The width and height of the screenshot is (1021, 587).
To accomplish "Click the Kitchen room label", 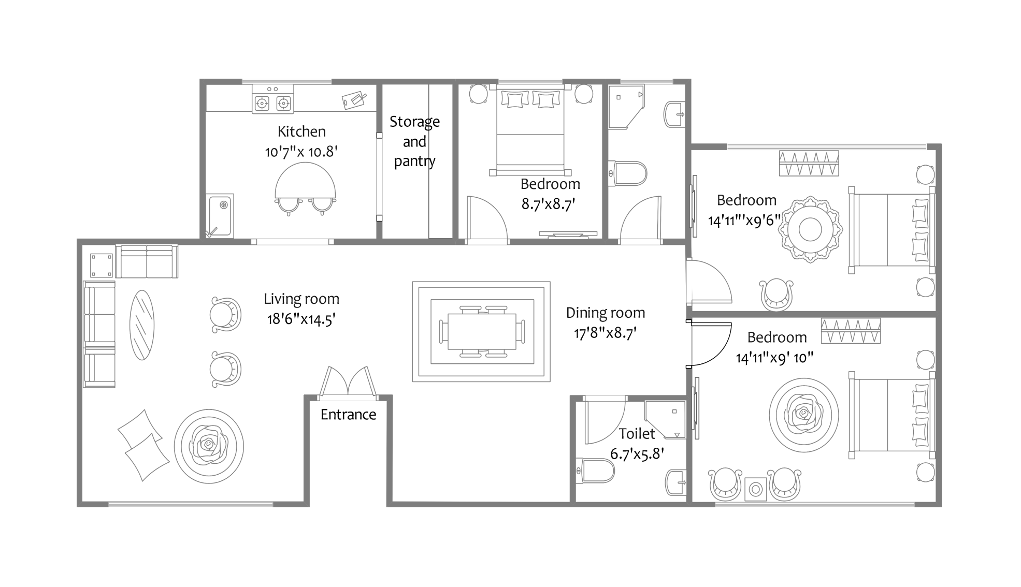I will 301,131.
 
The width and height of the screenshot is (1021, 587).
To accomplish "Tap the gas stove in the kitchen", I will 272,103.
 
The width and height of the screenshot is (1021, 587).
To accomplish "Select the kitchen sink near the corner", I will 220,215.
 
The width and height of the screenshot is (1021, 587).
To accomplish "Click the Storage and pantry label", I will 414,141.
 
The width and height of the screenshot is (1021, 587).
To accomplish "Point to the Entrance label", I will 348,415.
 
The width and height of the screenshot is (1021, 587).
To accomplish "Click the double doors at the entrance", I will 348,383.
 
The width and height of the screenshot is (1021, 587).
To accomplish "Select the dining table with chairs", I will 482,331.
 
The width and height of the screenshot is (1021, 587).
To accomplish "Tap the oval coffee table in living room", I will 141,325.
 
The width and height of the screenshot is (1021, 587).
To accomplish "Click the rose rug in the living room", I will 209,446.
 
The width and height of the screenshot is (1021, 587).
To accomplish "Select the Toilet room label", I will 637,434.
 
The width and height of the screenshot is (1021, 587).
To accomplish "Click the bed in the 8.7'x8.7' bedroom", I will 530,129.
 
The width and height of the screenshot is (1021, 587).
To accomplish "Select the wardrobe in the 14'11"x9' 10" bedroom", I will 851,331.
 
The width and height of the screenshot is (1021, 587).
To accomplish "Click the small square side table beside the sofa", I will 101,265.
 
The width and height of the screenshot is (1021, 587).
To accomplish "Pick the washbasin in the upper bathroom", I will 675,113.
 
